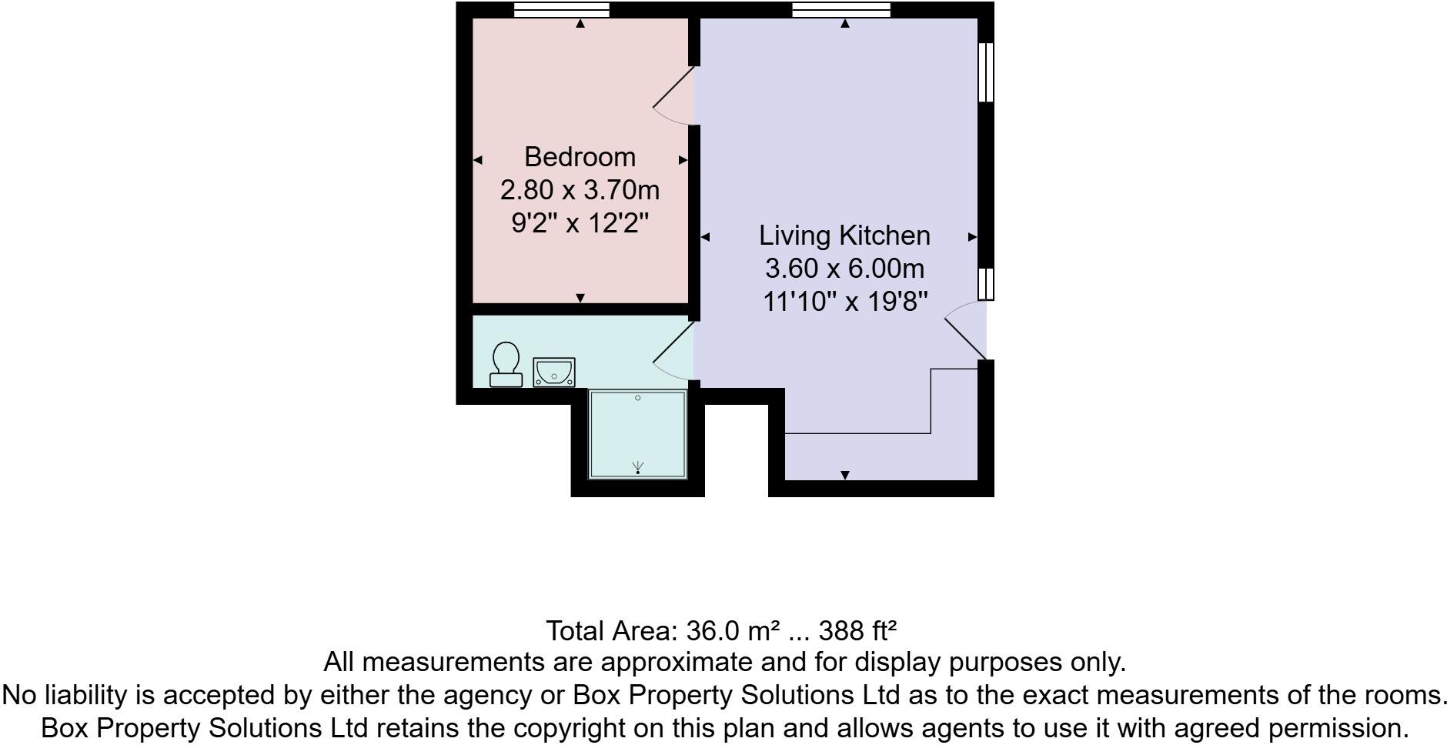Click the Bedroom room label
pos(580,157)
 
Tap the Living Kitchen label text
pos(844,236)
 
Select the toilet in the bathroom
pos(506,365)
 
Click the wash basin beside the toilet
pos(554,372)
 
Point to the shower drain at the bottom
pos(637,468)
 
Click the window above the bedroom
pos(561,9)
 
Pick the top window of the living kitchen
pos(840,9)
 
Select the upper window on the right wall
pos(986,72)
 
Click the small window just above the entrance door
pos(986,283)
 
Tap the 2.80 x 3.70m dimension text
pos(580,189)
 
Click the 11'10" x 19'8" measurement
pos(844,302)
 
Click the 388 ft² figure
pos(857,631)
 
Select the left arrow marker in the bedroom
pos(477,160)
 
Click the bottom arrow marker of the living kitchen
pos(845,475)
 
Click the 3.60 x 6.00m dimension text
pos(844,269)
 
